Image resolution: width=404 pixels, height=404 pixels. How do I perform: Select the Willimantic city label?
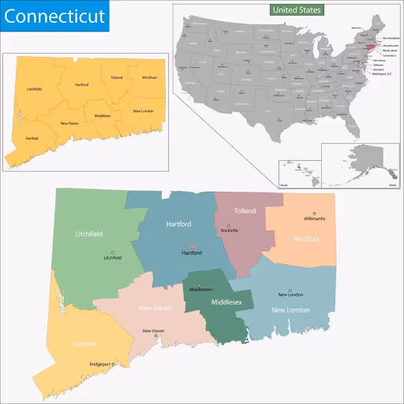314,219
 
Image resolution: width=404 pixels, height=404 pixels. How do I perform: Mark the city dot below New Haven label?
155,336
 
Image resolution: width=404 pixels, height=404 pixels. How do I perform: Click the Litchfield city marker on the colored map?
112,252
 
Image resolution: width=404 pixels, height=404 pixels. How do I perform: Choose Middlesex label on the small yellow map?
103,115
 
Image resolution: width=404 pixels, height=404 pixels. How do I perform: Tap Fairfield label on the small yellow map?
32,138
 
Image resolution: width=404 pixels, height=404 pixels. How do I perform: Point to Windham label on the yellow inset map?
149,77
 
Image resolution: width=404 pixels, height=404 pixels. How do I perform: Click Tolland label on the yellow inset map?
117,77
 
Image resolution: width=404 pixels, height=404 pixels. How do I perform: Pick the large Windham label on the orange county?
307,238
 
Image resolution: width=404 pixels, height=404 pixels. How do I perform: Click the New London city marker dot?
290,290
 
